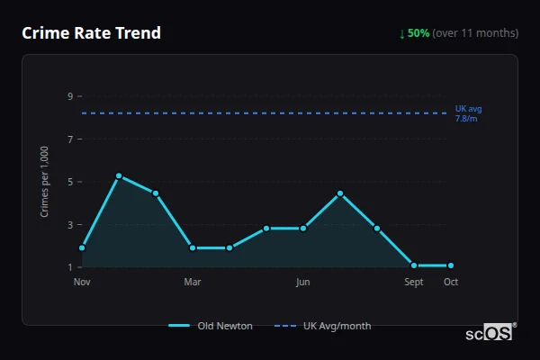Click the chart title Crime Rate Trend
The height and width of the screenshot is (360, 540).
91,33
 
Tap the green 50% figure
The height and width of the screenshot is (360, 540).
418,33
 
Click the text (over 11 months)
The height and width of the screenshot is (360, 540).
475,33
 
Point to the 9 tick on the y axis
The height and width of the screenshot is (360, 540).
69,96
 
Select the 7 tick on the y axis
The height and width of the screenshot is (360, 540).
69,139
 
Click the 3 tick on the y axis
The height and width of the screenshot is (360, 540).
69,225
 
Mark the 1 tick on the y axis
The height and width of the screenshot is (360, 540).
69,267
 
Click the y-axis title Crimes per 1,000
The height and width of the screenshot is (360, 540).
45,181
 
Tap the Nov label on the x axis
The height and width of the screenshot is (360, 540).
82,282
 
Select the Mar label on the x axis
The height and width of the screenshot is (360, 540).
193,282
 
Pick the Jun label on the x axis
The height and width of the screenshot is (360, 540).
303,282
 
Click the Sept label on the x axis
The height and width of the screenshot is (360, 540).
414,282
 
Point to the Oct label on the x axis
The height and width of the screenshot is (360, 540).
451,282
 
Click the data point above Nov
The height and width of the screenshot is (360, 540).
82,247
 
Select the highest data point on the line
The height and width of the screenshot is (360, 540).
119,175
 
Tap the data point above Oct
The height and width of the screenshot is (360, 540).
451,265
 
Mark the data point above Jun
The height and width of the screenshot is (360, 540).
303,229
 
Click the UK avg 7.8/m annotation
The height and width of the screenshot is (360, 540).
468,113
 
